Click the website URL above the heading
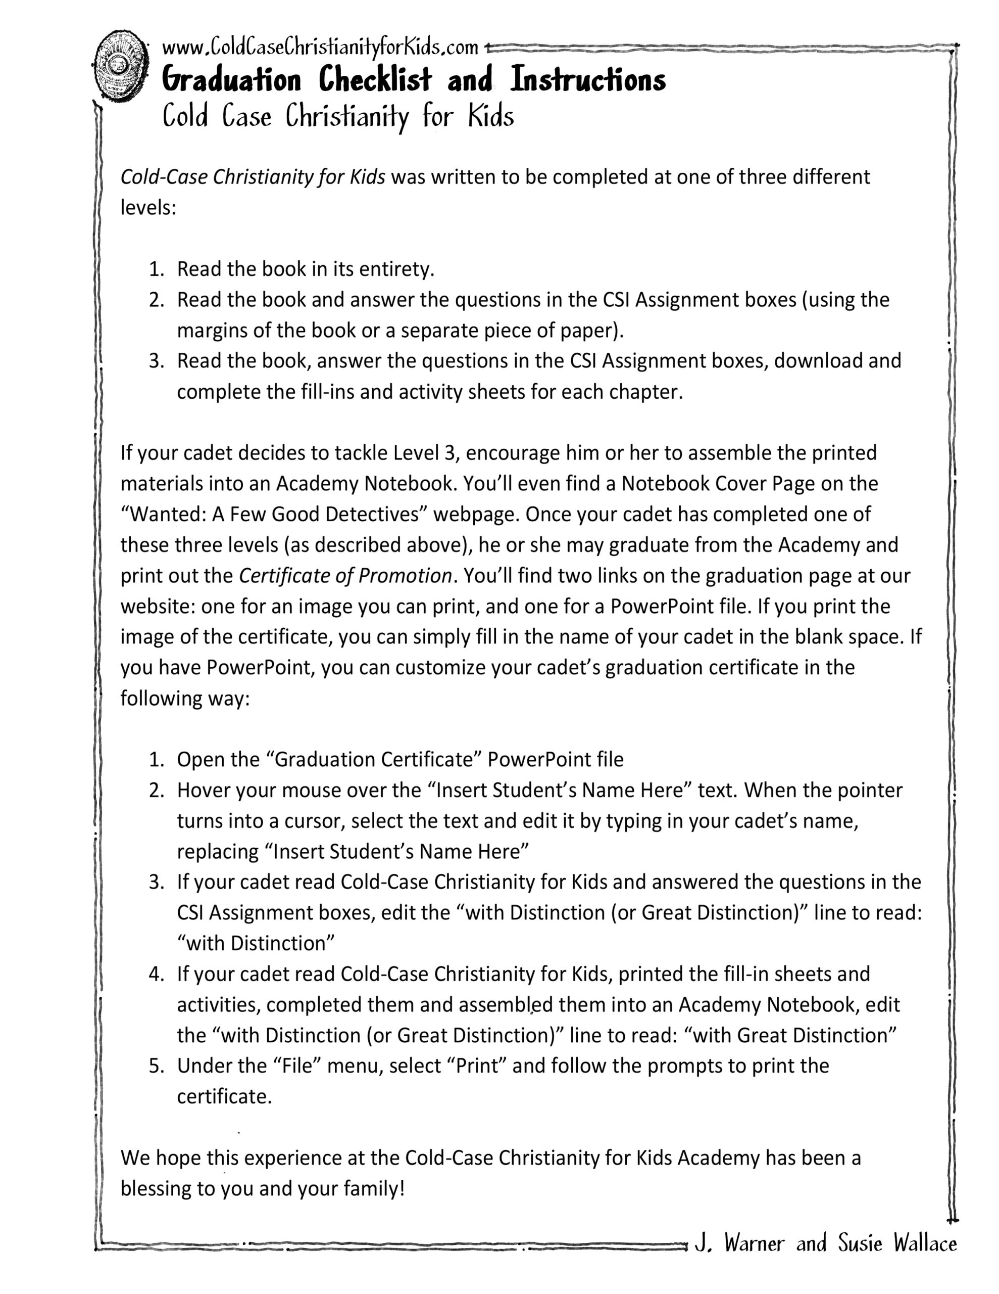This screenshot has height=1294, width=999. point(320,46)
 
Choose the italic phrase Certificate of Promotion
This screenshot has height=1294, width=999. point(345,576)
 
